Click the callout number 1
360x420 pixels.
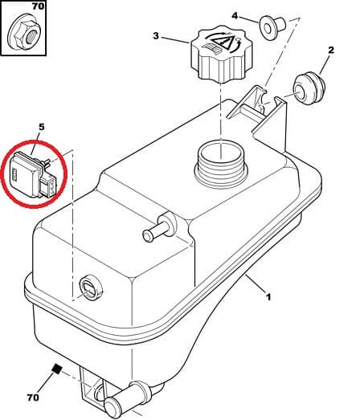point(268,297)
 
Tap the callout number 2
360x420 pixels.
point(330,51)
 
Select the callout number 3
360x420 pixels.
point(157,36)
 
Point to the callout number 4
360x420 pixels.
point(235,15)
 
